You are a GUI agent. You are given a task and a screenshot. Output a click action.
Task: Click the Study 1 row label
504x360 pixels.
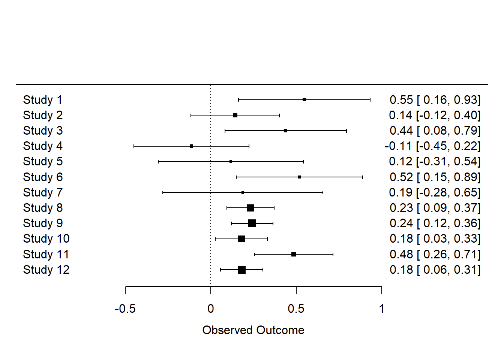click(x=42, y=100)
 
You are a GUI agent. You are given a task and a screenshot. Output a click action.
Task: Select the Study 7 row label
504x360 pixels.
click(x=42, y=192)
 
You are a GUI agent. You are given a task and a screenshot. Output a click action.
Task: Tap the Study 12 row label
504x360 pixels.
click(x=46, y=270)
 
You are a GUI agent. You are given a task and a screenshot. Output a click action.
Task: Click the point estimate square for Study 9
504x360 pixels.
click(x=252, y=223)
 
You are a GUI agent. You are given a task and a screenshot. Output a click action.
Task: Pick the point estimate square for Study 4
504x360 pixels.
click(x=192, y=146)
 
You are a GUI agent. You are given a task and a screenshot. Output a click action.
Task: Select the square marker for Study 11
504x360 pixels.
click(x=294, y=254)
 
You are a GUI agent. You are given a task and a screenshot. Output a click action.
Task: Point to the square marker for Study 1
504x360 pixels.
click(x=304, y=100)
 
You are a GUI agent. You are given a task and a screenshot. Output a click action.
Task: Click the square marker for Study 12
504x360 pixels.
click(x=241, y=270)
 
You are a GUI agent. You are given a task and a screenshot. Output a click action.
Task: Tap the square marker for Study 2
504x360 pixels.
click(x=235, y=115)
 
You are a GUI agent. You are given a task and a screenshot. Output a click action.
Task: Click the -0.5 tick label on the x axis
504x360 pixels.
click(x=125, y=309)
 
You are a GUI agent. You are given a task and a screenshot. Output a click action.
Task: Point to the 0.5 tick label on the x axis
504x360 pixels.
click(x=296, y=309)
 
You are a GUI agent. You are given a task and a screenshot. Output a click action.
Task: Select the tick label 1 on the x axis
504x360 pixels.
click(x=381, y=309)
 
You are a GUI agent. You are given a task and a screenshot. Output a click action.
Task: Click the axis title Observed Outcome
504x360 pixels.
click(x=253, y=330)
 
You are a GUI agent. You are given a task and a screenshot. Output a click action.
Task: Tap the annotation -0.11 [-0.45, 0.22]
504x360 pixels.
click(x=432, y=146)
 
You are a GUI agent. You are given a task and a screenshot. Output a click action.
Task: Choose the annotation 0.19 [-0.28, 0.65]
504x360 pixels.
click(x=434, y=192)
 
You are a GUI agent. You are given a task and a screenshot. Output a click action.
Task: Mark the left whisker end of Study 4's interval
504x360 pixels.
click(x=134, y=146)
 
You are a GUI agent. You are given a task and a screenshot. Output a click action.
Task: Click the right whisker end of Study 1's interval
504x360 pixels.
click(x=370, y=100)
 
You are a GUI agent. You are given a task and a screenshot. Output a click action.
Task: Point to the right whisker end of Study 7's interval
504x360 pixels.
click(x=323, y=192)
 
